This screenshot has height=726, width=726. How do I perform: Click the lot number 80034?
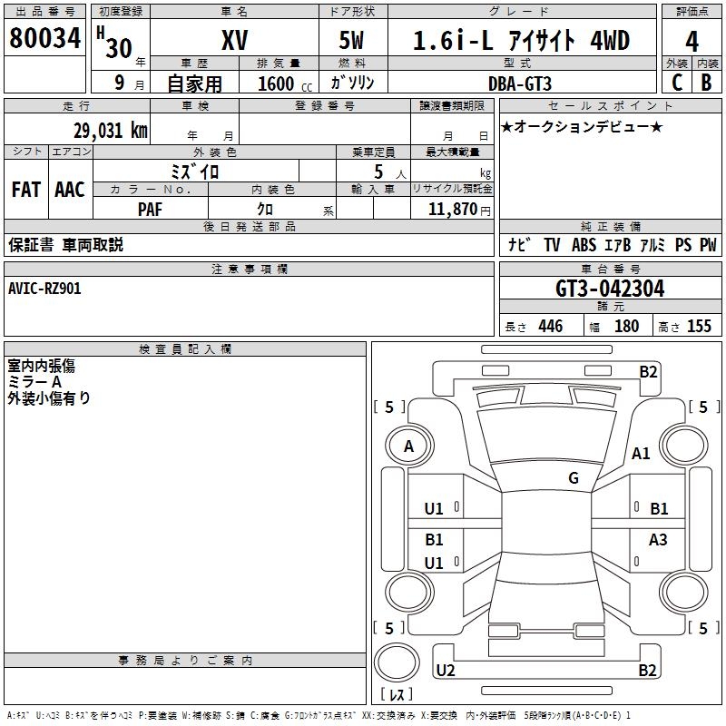tap(44, 37)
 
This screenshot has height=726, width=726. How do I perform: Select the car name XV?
tap(235, 40)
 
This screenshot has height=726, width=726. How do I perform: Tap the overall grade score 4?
tap(692, 42)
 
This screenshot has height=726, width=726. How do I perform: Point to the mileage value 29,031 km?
tap(111, 131)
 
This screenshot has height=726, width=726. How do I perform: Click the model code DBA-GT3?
tap(520, 83)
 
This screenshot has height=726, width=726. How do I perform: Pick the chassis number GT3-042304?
tap(610, 289)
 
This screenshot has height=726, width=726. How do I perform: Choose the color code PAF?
tap(150, 210)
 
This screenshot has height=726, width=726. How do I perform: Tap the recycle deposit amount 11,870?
tap(453, 210)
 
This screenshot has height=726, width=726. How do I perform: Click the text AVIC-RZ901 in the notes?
tap(44, 289)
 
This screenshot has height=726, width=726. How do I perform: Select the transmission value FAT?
tap(26, 190)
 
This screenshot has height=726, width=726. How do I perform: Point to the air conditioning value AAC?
tap(70, 190)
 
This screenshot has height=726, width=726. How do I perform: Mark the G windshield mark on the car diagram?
tap(574, 477)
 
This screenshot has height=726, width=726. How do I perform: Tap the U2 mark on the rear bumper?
tap(446, 670)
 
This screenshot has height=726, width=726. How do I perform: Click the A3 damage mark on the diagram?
tap(658, 539)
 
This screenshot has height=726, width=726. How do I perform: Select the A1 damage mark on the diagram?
tap(641, 453)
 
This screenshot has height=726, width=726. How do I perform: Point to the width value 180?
tap(626, 326)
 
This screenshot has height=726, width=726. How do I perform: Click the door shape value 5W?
tap(351, 40)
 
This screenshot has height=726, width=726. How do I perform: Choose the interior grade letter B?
tap(706, 83)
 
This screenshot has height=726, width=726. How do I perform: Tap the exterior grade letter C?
tap(677, 83)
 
